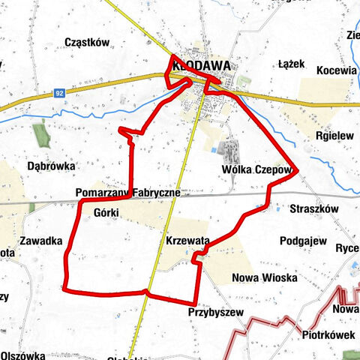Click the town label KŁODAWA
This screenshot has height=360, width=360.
200,65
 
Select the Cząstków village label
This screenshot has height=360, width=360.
88,42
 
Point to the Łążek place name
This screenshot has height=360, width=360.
291,64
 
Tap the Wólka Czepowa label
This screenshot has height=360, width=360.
256,170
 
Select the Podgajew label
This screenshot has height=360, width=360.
303,241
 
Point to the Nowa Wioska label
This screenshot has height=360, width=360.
265,278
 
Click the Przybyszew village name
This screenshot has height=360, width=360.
216,313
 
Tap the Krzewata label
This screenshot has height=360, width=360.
188,240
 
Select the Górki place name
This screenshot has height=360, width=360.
107,212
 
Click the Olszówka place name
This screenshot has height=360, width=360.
23,355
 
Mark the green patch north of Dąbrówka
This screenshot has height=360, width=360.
40,135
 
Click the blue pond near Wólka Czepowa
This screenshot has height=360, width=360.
216,151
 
